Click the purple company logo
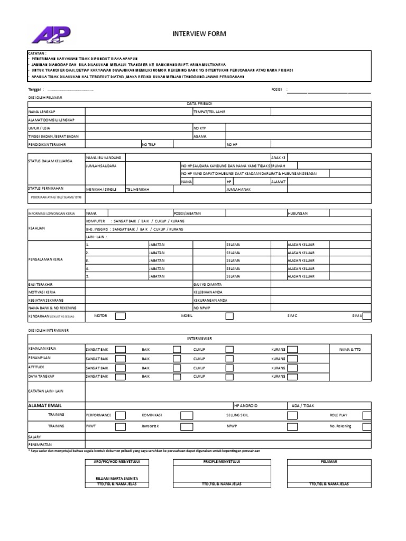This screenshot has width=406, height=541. coord(50,36)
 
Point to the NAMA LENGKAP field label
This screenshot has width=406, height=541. coord(42,112)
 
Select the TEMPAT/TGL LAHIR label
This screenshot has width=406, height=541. coord(209,112)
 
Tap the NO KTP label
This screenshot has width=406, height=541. coord(200,128)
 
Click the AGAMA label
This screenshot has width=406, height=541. coord(199,136)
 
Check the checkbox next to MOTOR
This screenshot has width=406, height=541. coord(121,316)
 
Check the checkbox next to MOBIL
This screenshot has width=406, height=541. coord(229,316)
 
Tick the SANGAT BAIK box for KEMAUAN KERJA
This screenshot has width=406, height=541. coord(121,350)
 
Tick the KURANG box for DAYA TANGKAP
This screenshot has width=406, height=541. coord(292,376)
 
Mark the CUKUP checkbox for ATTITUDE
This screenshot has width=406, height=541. coord(229,367)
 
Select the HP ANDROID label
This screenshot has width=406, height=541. coord(245,406)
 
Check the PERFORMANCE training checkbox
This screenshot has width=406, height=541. coord(121,415)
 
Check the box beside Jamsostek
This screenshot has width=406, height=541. coord(186,426)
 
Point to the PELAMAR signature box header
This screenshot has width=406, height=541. coord(329,461)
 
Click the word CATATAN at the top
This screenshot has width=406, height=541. coord(36,54)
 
